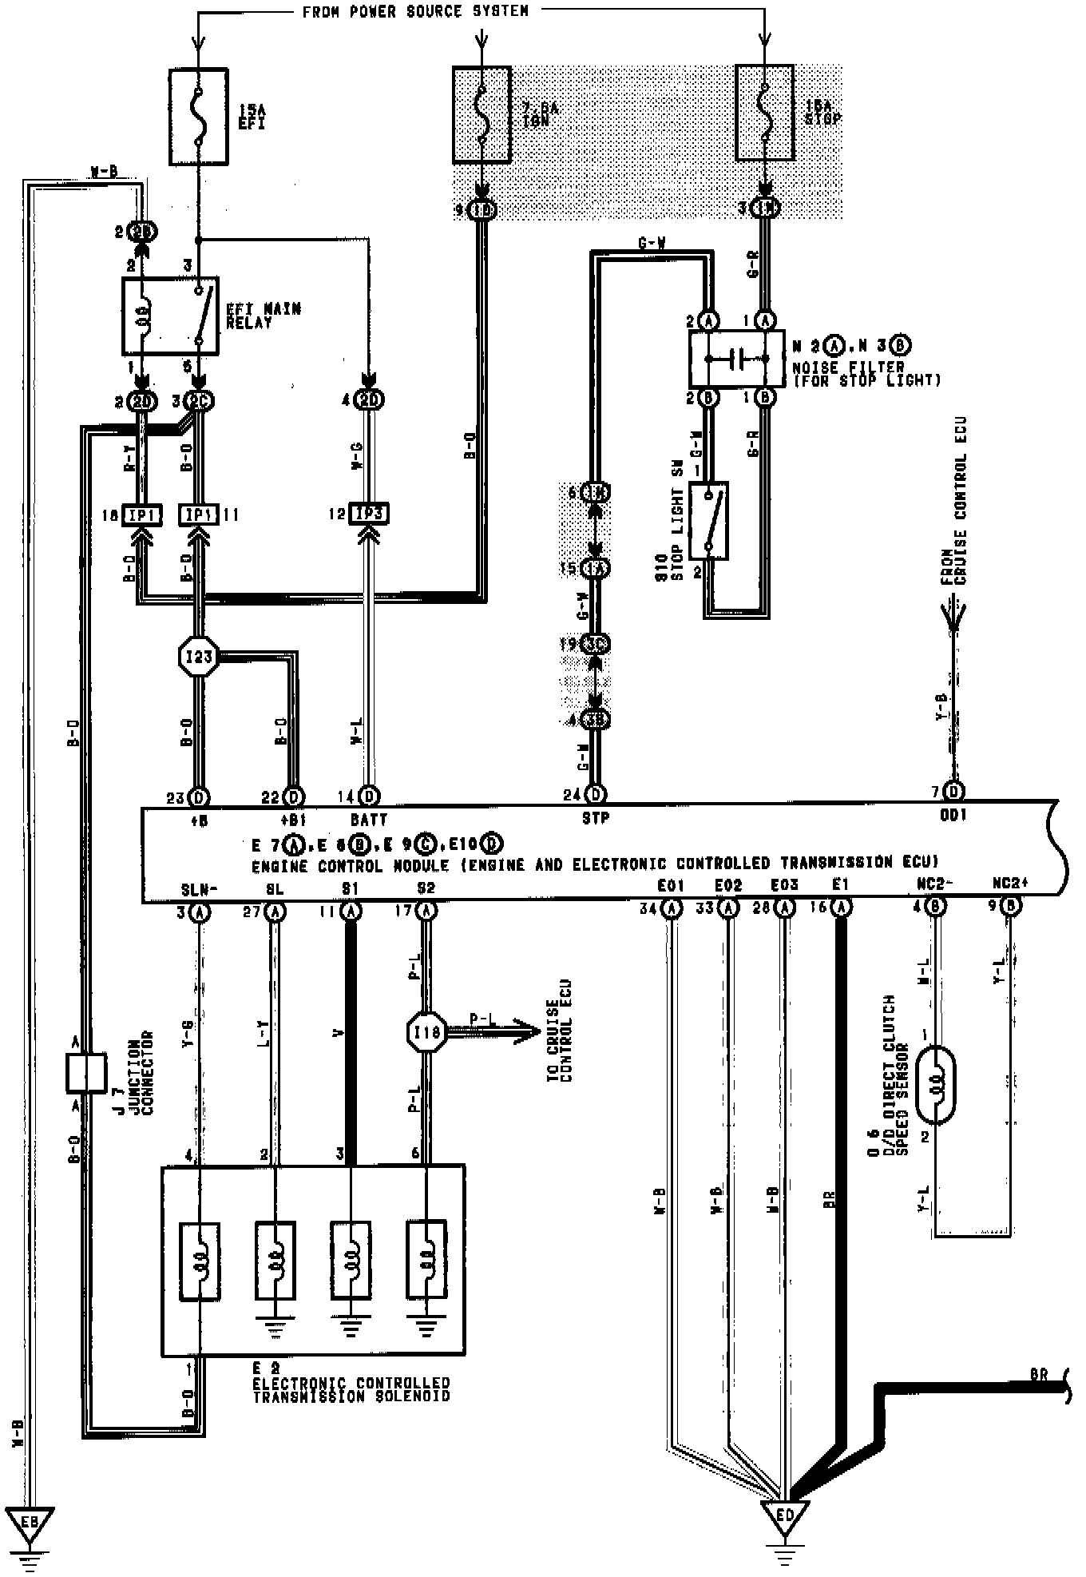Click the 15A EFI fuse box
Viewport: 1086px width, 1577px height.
(198, 116)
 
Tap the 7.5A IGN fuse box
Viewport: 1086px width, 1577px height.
(482, 115)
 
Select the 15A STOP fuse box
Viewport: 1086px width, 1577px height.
(765, 113)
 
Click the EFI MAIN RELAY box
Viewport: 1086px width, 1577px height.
(170, 316)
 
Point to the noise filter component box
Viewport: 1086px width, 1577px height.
(737, 359)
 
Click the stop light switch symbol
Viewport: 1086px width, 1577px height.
(707, 521)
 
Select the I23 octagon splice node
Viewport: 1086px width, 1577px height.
(197, 657)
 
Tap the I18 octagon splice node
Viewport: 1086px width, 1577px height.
(426, 1032)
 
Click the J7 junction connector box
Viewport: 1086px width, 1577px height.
(85, 1073)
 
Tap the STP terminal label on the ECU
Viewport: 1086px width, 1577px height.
(596, 818)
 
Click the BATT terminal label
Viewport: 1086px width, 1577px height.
(368, 820)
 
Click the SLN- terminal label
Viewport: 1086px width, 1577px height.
(196, 888)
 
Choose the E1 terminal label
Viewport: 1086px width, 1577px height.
(839, 885)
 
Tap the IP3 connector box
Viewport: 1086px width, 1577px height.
(368, 514)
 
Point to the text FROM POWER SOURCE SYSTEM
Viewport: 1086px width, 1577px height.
(415, 11)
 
